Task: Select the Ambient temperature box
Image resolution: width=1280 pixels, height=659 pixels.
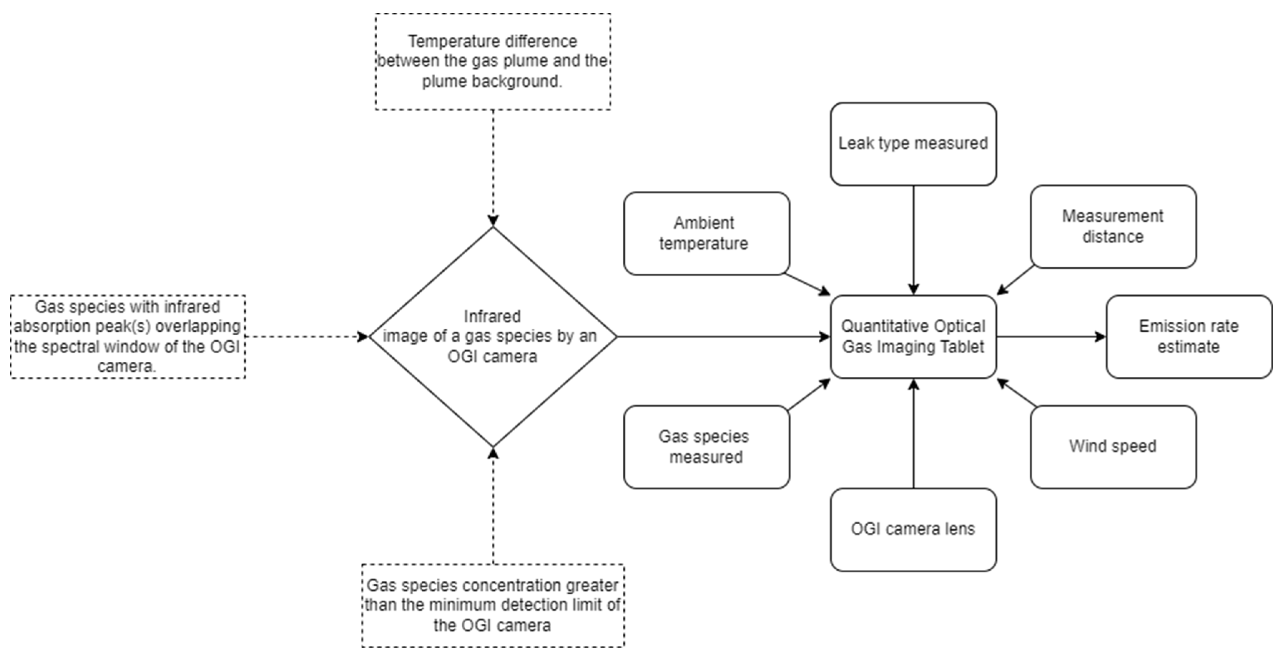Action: pyautogui.click(x=706, y=233)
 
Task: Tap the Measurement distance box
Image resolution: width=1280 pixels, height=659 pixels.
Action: pyautogui.click(x=1113, y=227)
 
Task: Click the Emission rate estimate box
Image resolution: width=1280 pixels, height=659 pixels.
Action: pyautogui.click(x=1188, y=337)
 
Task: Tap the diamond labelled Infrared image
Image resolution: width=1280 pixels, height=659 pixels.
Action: pyautogui.click(x=492, y=337)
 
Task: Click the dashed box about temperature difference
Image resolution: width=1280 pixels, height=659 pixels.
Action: pyautogui.click(x=492, y=61)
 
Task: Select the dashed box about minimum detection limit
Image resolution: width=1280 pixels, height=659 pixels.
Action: pyautogui.click(x=492, y=605)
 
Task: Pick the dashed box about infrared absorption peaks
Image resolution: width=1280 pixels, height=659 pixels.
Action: pyautogui.click(x=128, y=337)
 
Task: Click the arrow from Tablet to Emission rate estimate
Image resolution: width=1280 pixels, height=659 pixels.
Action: pyautogui.click(x=1051, y=337)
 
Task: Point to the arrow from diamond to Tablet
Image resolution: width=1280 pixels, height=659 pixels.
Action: pyautogui.click(x=723, y=337)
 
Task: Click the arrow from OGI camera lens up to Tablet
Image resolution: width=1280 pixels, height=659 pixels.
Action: pyautogui.click(x=913, y=434)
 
